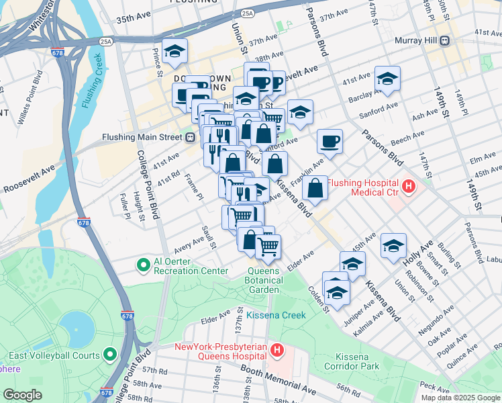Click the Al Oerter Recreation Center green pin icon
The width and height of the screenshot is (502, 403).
click(x=143, y=265)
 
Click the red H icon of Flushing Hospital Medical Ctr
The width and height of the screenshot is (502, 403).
click(x=407, y=184)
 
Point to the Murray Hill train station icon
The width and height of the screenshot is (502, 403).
click(x=444, y=41)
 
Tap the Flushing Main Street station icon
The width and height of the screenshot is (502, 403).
click(x=191, y=138)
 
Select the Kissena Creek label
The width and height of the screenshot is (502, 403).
click(x=275, y=315)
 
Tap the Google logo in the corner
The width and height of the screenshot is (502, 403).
click(x=23, y=395)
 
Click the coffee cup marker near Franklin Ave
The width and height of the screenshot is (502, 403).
click(x=330, y=142)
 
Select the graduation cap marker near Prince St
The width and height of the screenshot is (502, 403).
click(x=174, y=52)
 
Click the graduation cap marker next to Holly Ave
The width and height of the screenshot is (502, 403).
click(x=393, y=246)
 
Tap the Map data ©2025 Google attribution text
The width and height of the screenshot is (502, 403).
click(x=460, y=397)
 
